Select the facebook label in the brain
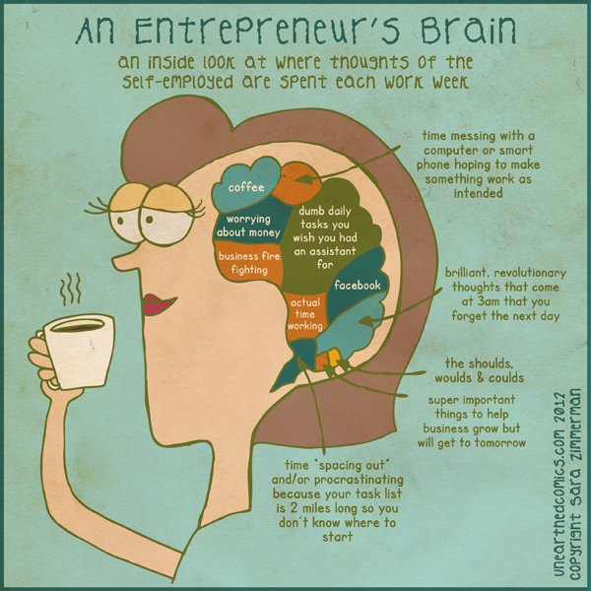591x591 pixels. (x=358, y=285)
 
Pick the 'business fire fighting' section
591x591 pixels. (x=249, y=263)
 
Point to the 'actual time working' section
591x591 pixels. (x=304, y=312)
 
